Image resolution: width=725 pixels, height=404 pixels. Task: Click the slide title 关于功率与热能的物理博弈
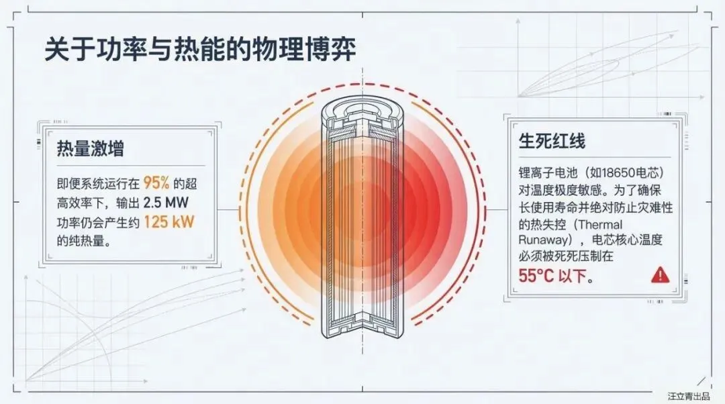[200, 50]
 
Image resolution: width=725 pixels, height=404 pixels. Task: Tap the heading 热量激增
[91, 148]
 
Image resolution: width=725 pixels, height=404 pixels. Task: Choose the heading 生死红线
[552, 141]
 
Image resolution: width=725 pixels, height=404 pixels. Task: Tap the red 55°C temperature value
[536, 275]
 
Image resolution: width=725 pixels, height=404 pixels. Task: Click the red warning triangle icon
[661, 273]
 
